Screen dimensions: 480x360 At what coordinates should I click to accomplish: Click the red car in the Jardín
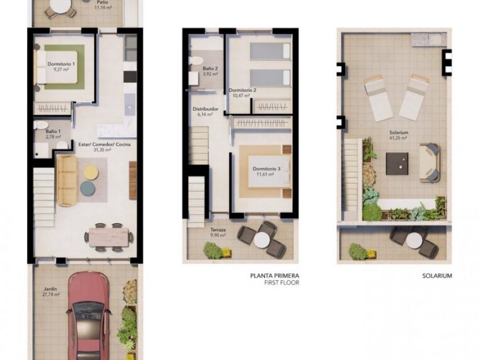click(x=88, y=316)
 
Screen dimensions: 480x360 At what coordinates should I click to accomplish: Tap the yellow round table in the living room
click(x=91, y=172)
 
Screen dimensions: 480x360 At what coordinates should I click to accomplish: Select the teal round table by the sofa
click(x=88, y=188)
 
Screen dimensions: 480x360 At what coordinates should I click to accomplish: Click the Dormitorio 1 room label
click(x=61, y=64)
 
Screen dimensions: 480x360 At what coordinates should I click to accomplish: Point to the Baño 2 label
click(x=210, y=68)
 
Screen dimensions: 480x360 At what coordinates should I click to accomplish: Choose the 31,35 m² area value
click(x=102, y=150)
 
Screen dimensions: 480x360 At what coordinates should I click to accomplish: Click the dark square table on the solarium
click(x=397, y=163)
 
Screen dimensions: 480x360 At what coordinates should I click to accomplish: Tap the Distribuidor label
click(x=205, y=109)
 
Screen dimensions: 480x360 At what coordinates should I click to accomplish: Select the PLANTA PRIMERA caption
click(x=275, y=276)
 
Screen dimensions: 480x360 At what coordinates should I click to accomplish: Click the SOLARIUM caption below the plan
click(x=437, y=276)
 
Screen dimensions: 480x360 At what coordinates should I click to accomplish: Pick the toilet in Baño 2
click(x=195, y=61)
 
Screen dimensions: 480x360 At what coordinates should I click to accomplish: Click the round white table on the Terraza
click(x=262, y=240)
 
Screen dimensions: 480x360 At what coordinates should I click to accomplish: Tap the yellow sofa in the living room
click(x=67, y=181)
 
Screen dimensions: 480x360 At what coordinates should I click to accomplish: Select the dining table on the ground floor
click(x=109, y=237)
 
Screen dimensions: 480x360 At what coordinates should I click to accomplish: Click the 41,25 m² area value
click(x=398, y=138)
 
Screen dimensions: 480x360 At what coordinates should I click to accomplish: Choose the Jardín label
click(x=50, y=289)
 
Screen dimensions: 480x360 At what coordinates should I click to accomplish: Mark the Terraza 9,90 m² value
click(x=218, y=235)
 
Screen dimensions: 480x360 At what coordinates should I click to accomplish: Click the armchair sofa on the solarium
click(x=429, y=162)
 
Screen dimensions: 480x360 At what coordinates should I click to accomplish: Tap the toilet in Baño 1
click(x=41, y=125)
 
